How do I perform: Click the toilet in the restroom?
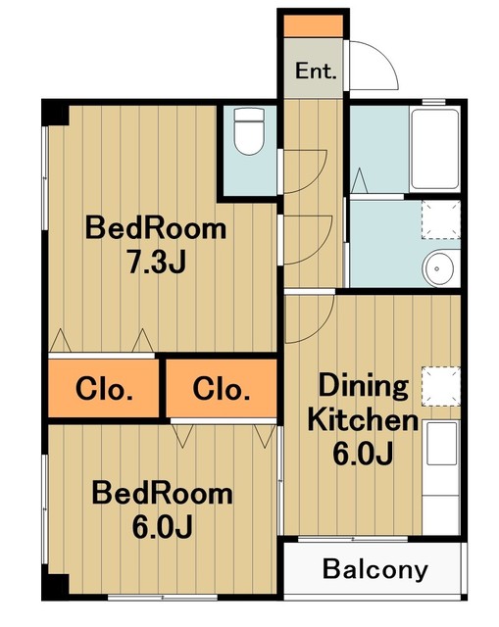pyautogui.click(x=249, y=130)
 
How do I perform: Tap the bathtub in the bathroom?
pyautogui.click(x=434, y=149)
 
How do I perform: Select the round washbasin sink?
pyautogui.click(x=438, y=267)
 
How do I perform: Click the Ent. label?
pyautogui.click(x=316, y=72)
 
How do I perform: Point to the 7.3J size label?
pyautogui.click(x=157, y=262)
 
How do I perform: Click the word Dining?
pyautogui.click(x=364, y=385)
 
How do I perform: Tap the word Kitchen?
pyautogui.click(x=364, y=420)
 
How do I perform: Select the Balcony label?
pyautogui.click(x=374, y=569)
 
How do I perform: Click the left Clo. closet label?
pyautogui.click(x=104, y=389)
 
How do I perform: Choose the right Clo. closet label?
pyautogui.click(x=222, y=389)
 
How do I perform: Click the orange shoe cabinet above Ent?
pyautogui.click(x=314, y=26)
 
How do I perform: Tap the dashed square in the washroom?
pyautogui.click(x=441, y=219)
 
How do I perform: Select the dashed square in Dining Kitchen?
pyautogui.click(x=441, y=386)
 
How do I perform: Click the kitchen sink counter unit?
pyautogui.click(x=441, y=477)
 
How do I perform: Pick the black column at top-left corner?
pyautogui.click(x=56, y=113)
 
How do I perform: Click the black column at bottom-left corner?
pyautogui.click(x=56, y=587)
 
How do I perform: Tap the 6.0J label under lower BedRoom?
pyautogui.click(x=163, y=527)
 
